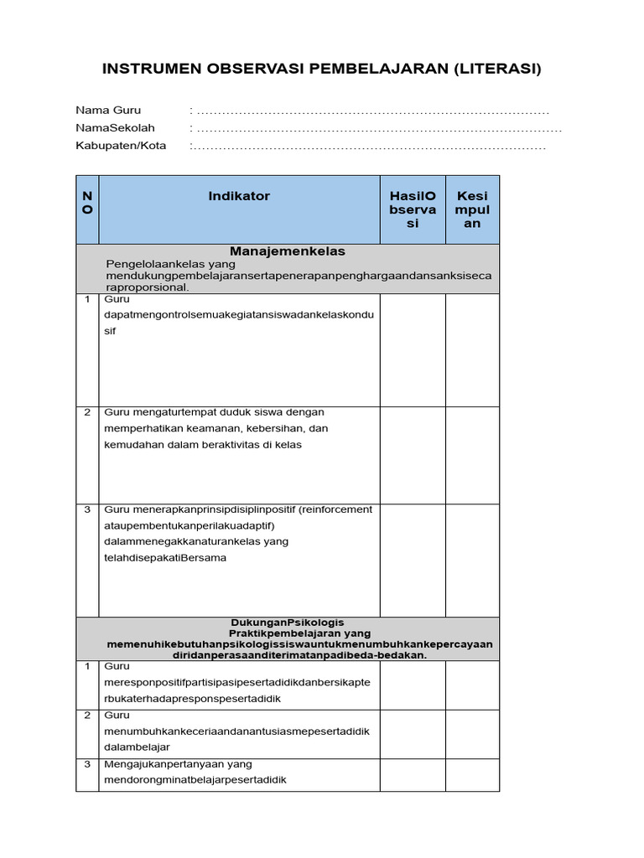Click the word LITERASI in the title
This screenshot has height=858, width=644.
[x=497, y=69]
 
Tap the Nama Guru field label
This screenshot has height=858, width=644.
[x=108, y=110]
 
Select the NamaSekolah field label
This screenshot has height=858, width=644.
[x=116, y=127]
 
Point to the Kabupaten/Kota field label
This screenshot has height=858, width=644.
[x=121, y=145]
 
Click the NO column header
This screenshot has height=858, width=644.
[x=87, y=203]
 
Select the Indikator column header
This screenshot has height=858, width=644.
[x=239, y=195]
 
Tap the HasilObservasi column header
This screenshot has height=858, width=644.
[x=413, y=209]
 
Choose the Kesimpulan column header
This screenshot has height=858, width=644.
[x=472, y=209]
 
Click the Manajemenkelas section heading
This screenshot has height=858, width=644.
[x=288, y=251]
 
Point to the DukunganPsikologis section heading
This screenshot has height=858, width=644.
[x=288, y=623]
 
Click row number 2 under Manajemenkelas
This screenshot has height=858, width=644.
[x=87, y=412]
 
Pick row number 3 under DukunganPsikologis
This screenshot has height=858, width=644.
[x=87, y=763]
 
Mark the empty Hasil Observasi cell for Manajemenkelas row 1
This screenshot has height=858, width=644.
[x=413, y=349]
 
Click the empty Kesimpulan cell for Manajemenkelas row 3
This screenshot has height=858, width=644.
[x=472, y=559]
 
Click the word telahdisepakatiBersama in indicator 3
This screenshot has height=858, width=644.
[x=165, y=557]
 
